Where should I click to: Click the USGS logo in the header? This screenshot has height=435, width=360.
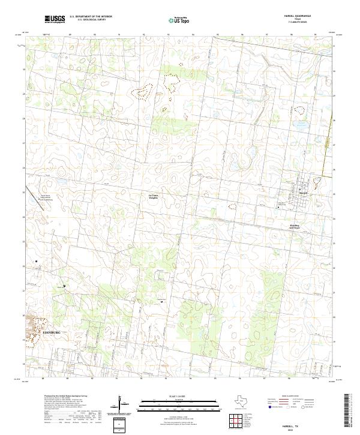[x=55, y=20]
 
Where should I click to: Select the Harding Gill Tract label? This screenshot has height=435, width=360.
[x=294, y=227]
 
